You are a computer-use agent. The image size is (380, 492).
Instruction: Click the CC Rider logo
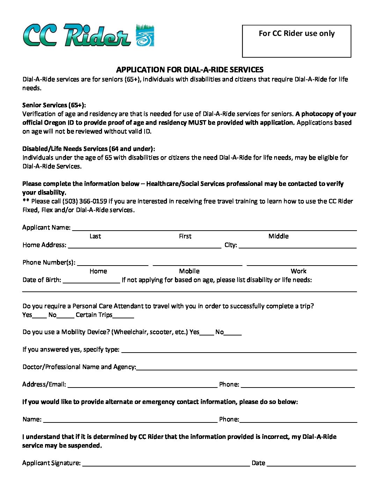tap(89, 35)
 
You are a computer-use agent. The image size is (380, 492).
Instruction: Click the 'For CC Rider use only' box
tap(296, 41)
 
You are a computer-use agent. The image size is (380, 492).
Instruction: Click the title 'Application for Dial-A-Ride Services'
tap(190, 70)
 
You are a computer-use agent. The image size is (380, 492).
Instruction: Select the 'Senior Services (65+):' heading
tap(54, 105)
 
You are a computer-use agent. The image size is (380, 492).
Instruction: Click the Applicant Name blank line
tap(214, 228)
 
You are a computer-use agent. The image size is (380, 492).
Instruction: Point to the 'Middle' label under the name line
tap(278, 236)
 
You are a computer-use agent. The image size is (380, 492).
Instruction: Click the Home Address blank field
tap(145, 245)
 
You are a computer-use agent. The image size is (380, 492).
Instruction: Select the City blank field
tap(297, 245)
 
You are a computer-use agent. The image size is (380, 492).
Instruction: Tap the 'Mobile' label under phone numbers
tap(189, 271)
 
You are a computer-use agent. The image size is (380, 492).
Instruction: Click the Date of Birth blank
tap(92, 280)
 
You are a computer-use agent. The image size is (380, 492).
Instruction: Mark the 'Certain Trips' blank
tap(123, 315)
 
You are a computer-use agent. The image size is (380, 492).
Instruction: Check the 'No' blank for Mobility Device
tap(233, 332)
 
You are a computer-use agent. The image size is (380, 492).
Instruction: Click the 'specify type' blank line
tap(239, 350)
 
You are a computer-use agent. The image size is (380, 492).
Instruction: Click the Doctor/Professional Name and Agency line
tap(247, 367)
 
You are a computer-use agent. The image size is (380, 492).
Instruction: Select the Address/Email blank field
tap(142, 385)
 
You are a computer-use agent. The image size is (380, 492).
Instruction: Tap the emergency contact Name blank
tap(130, 420)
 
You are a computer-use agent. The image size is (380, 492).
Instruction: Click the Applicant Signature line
tap(166, 463)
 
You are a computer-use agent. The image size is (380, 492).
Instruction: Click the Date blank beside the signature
tap(311, 463)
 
